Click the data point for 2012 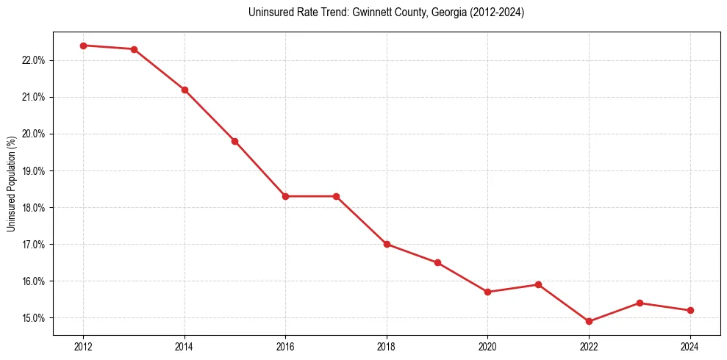[83, 46]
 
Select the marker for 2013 [134, 49]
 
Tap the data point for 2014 [185, 90]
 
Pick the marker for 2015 [234, 141]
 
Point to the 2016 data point [285, 196]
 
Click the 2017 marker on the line [336, 196]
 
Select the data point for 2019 [437, 262]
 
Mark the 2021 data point [538, 284]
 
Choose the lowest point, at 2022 [589, 321]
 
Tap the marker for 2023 [640, 303]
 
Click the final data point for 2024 [690, 310]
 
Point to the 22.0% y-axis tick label [34, 60]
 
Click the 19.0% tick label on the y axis [34, 170]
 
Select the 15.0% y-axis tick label [34, 318]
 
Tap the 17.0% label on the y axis [34, 245]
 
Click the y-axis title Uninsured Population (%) [12, 183]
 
